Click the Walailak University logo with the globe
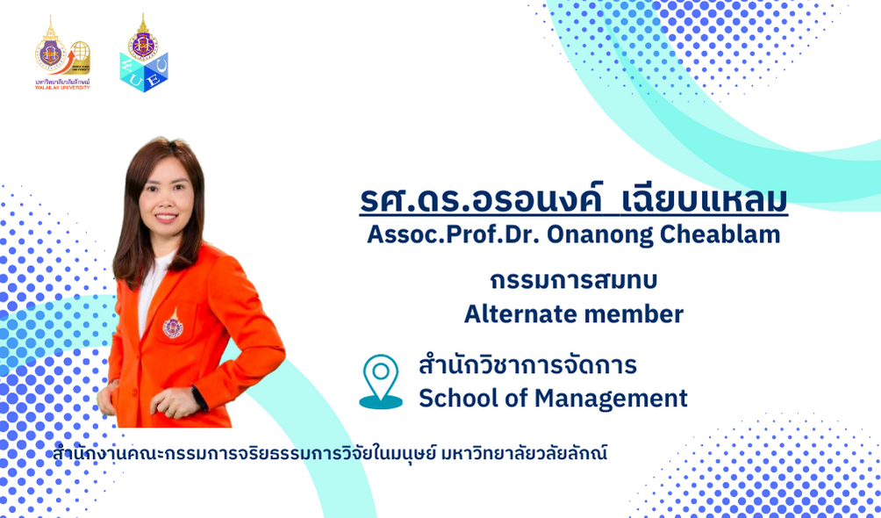pos(62,53)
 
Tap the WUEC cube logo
pos(144,53)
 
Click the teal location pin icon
pos(381,381)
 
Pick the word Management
pos(611,399)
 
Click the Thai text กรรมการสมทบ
pos(574,281)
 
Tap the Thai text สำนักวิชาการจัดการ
pos(527,364)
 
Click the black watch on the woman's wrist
pos(199,397)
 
